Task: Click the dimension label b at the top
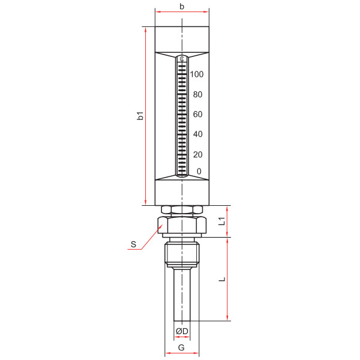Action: pos(182,7)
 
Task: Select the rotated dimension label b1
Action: pos(140,116)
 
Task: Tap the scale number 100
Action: pos(197,74)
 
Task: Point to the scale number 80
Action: pos(197,94)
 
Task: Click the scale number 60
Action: pos(197,114)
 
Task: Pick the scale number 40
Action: pos(197,134)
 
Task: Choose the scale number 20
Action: pos(197,155)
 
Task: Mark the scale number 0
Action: pos(199,171)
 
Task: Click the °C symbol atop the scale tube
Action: pos(182,59)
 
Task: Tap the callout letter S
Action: pos(133,244)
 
